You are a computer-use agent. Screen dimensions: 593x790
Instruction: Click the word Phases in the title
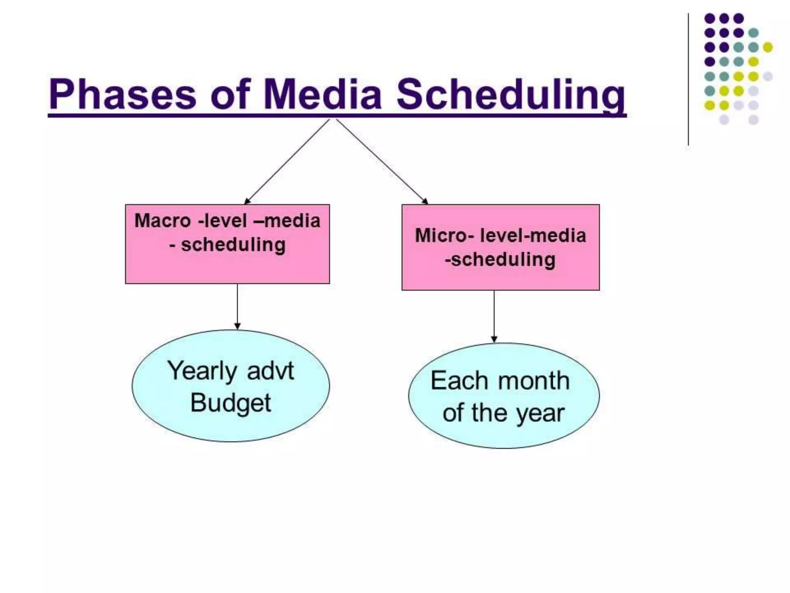(123, 95)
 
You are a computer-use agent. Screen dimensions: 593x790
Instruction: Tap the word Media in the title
(322, 95)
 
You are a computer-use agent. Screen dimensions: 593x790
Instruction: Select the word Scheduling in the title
(511, 95)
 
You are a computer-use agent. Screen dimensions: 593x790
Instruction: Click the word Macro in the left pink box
(162, 221)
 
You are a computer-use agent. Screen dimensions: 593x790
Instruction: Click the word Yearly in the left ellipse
(202, 371)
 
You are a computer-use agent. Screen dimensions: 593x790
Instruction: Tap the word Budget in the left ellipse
(231, 403)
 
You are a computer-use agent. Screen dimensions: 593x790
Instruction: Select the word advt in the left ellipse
(270, 371)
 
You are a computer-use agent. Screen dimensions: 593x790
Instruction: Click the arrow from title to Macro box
(287, 161)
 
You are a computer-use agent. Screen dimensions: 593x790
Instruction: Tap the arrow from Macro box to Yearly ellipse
(237, 307)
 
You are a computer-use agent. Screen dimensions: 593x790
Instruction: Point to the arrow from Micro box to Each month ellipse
(494, 317)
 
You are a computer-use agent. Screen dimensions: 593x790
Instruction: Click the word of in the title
(230, 95)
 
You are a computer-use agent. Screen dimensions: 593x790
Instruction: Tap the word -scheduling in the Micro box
(500, 259)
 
